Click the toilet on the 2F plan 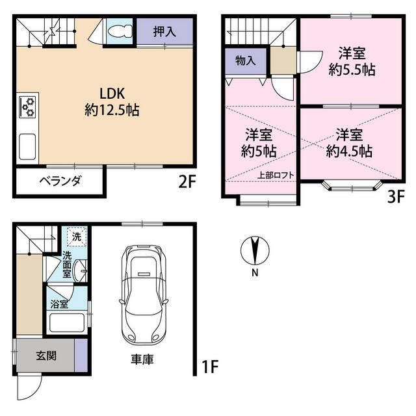coord(120,31)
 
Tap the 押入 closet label coord(164,32)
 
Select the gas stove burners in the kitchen coord(28,107)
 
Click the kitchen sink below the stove coord(27,147)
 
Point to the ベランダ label coord(60,181)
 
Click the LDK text coord(112,94)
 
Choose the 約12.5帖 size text coord(112,110)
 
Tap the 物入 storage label coord(246,60)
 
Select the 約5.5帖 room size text coord(352,70)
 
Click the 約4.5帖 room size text coord(349,151)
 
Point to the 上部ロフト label coord(276,175)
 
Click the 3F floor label coord(396,197)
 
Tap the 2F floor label coord(187,182)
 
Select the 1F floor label coord(210,367)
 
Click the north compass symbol coord(255,251)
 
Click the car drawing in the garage coord(144,294)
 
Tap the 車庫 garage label coord(142,359)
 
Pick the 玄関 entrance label coord(46,356)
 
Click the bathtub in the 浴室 coord(67,322)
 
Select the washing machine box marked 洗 coord(77,237)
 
